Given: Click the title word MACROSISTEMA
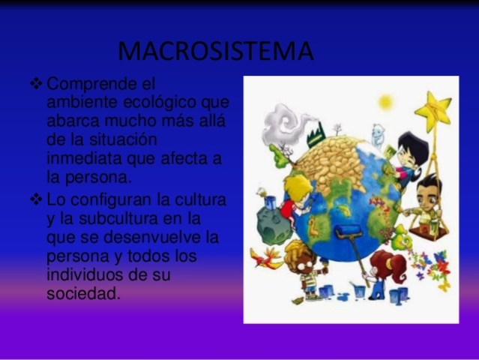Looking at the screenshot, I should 216,52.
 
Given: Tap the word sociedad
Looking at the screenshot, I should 83,294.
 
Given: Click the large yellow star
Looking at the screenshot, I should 433,111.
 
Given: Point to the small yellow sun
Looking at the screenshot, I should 385,101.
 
